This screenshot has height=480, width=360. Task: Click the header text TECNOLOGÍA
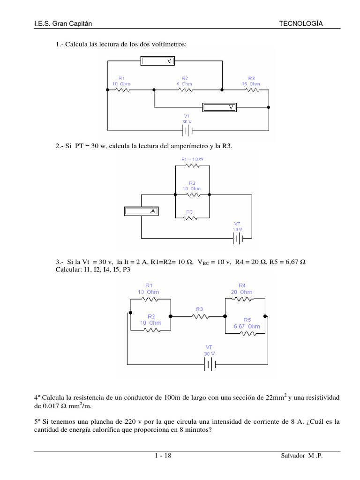pyautogui.click(x=301, y=23)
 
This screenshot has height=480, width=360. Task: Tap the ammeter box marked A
pyautogui.click(x=141, y=211)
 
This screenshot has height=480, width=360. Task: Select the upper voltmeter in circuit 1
pyautogui.click(x=157, y=61)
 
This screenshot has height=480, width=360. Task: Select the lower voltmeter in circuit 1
pyautogui.click(x=219, y=107)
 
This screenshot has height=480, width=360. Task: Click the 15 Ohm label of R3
pyautogui.click(x=251, y=84)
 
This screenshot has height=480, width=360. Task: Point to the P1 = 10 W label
pyautogui.click(x=192, y=159)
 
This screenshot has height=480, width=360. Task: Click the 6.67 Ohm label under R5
pyautogui.click(x=247, y=326)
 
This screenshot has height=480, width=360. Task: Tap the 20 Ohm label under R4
pyautogui.click(x=242, y=292)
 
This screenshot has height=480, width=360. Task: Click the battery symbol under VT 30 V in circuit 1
pyautogui.click(x=187, y=129)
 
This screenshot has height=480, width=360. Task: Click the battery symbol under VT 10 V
pyautogui.click(x=239, y=238)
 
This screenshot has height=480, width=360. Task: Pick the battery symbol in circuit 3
pyautogui.click(x=209, y=364)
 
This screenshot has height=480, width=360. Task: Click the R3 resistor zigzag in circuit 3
pyautogui.click(x=200, y=316)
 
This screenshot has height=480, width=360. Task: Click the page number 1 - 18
pyautogui.click(x=163, y=457)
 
